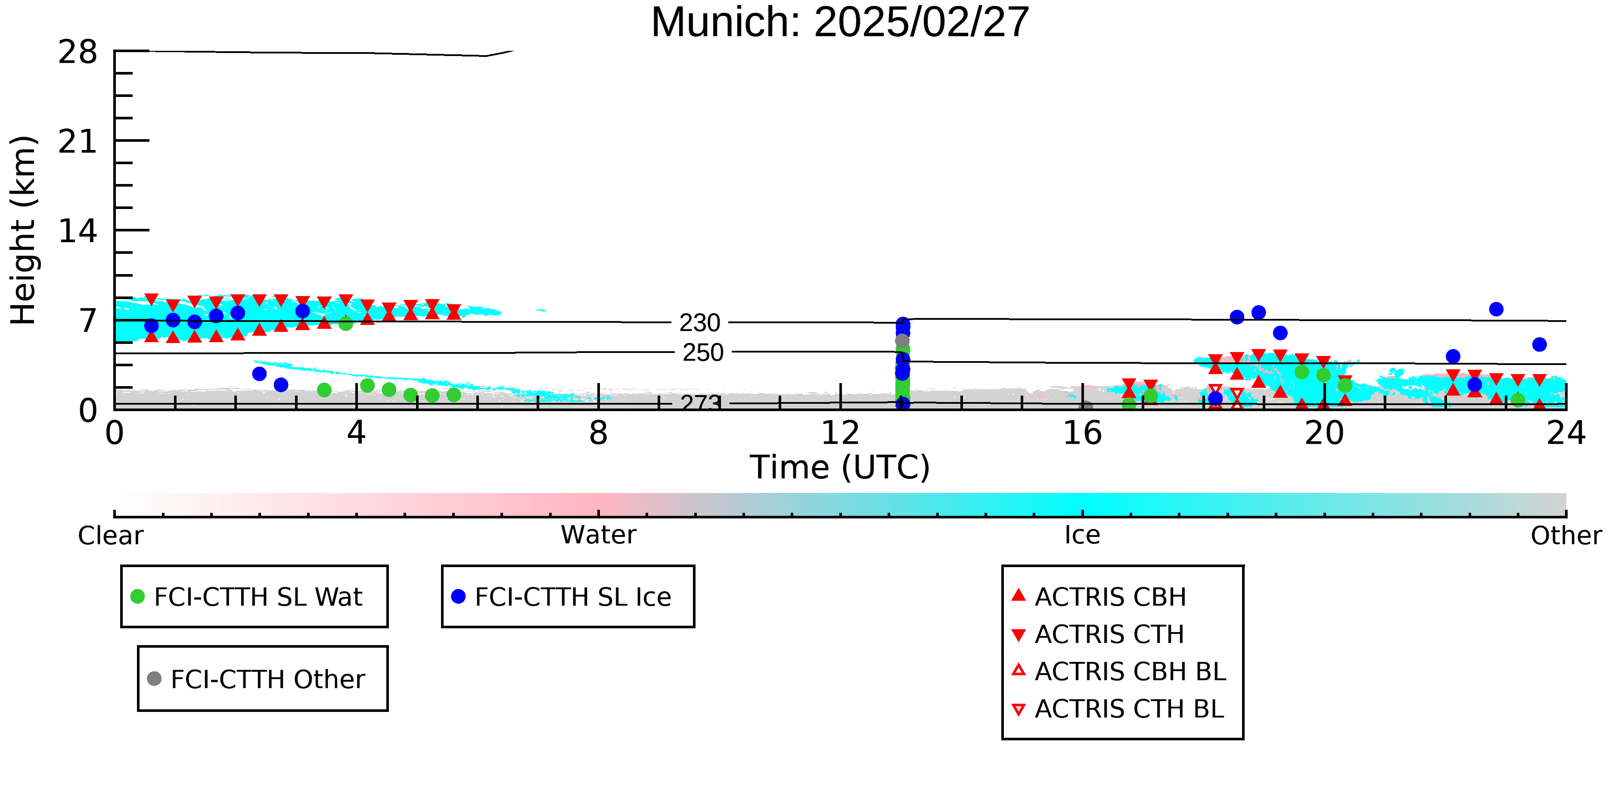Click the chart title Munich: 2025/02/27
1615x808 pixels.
[x=840, y=22]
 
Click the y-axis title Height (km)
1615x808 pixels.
[x=24, y=230]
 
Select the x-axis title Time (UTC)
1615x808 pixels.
[x=840, y=468]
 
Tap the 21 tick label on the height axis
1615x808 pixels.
[x=78, y=141]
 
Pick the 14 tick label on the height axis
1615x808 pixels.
[x=78, y=231]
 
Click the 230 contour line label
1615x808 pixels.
[x=700, y=323]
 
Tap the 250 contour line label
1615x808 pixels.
[x=703, y=353]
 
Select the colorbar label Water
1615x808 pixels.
[x=599, y=535]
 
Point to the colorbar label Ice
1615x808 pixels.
[x=1082, y=535]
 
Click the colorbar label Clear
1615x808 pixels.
[x=110, y=536]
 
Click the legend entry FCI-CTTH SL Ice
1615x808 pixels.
[x=562, y=596]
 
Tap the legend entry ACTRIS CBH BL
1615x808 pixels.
[x=1119, y=671]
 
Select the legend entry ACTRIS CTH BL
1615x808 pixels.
[x=1118, y=709]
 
